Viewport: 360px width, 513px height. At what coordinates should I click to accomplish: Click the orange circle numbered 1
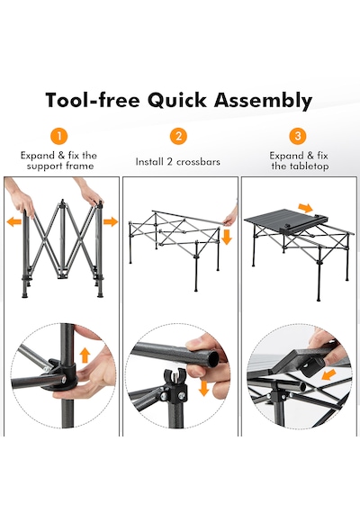(59, 136)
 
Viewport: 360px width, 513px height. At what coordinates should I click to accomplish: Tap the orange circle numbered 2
(178, 136)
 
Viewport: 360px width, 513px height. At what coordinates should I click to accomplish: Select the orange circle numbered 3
(298, 136)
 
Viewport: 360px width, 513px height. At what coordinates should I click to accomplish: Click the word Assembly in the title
(263, 101)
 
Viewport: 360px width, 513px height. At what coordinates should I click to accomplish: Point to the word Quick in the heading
(176, 100)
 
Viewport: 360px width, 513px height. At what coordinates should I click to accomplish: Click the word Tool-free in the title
(93, 100)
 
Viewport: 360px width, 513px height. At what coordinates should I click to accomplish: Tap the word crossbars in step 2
(198, 162)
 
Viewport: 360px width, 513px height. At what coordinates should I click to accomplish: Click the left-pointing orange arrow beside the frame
(14, 222)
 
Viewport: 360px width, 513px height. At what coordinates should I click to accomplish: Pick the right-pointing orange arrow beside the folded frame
(111, 221)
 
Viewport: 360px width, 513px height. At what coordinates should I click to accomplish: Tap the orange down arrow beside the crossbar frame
(227, 238)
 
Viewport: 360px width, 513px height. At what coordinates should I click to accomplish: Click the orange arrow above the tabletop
(306, 207)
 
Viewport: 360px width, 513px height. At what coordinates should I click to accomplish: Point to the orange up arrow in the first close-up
(85, 355)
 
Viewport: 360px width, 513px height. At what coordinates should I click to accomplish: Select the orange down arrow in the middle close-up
(204, 388)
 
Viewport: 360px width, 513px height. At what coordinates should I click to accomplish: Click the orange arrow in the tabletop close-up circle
(328, 374)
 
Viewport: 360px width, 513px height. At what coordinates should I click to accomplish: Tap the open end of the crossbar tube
(214, 358)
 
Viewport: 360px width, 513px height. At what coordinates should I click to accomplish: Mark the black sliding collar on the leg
(60, 374)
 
